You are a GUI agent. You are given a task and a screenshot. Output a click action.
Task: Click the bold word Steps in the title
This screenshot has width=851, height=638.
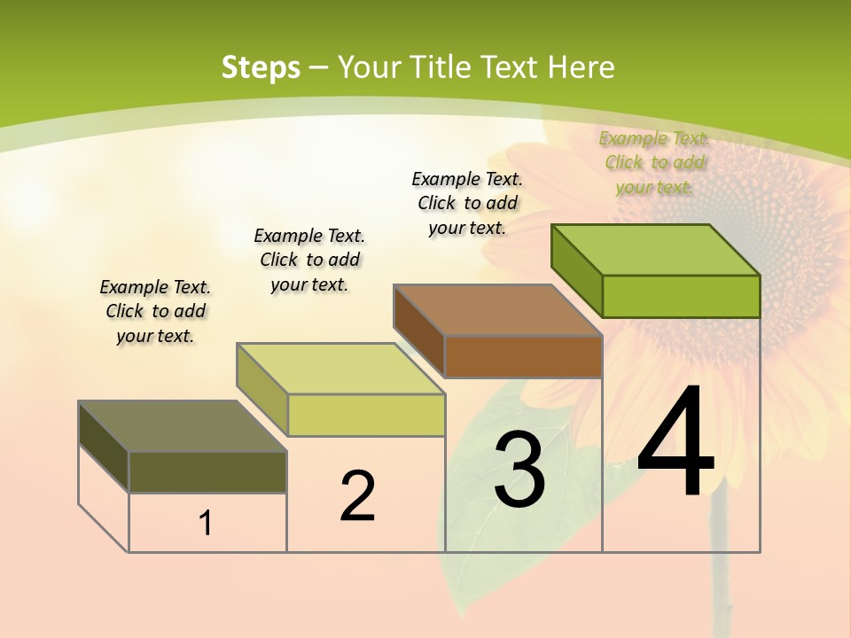click(260, 67)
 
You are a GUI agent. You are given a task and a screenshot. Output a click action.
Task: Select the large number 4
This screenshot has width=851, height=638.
click(675, 442)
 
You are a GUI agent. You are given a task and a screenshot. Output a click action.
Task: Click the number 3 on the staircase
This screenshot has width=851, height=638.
click(519, 470)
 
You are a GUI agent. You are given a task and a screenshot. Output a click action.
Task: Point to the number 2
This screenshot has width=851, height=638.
click(357, 496)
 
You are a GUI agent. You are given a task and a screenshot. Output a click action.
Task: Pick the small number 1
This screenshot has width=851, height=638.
click(206, 524)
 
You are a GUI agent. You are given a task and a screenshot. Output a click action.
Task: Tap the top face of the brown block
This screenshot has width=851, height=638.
click(498, 310)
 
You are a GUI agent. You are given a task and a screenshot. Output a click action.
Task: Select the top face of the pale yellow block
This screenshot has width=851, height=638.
click(340, 369)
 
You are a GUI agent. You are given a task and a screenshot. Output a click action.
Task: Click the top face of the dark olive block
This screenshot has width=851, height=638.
click(183, 426)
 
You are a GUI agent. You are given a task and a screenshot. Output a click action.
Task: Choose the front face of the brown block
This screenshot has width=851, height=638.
click(523, 357)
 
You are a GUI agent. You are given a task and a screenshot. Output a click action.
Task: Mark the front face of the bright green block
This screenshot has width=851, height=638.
click(681, 296)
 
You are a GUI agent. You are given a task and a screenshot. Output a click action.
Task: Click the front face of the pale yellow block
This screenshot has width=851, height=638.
click(366, 416)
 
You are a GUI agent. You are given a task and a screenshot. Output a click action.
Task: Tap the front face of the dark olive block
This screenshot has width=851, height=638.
click(207, 472)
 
